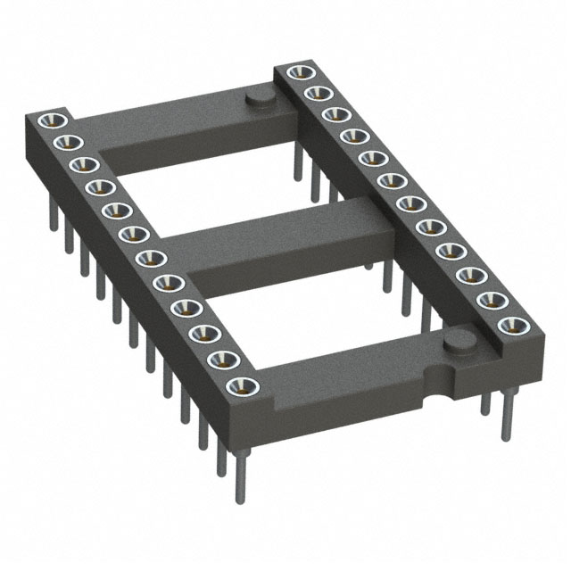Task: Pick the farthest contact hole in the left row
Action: point(50,120)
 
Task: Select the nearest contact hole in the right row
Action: point(509,324)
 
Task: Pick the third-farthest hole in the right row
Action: point(334,114)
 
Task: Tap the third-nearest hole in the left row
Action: point(204,333)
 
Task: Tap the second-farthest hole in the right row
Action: point(314,94)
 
